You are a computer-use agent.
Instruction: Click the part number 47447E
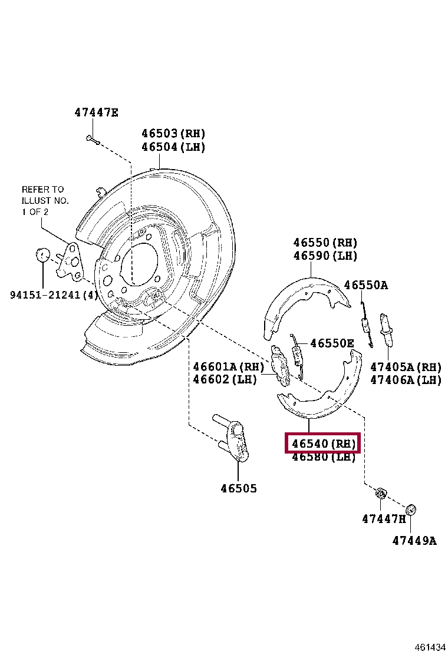click(x=96, y=113)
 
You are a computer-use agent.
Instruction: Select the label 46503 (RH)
click(x=173, y=133)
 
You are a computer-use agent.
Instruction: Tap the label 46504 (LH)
click(x=173, y=147)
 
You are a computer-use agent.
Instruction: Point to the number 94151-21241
click(x=45, y=295)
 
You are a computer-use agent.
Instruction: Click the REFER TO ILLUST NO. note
click(x=45, y=200)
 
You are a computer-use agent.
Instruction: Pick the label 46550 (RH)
click(x=325, y=243)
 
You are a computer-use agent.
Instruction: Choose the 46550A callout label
click(x=365, y=285)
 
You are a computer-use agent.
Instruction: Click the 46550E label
click(x=332, y=343)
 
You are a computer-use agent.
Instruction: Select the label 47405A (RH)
click(x=406, y=367)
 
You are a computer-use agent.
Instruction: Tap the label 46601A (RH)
click(x=229, y=367)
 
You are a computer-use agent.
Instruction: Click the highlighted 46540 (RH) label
click(x=324, y=443)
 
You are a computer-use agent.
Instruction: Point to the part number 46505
click(x=239, y=488)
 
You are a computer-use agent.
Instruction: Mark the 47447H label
click(x=384, y=519)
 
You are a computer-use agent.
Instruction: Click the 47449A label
click(x=414, y=541)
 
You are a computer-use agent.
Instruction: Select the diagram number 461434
click(x=430, y=647)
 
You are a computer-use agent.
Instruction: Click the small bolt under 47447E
click(x=93, y=140)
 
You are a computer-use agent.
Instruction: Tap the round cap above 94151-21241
click(x=42, y=254)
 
